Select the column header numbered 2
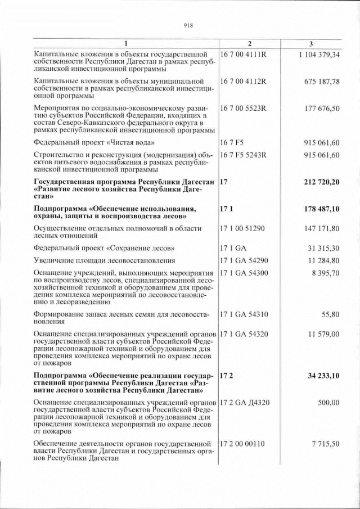pos(250,44)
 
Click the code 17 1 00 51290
pos(242,229)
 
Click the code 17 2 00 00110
pos(242,444)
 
